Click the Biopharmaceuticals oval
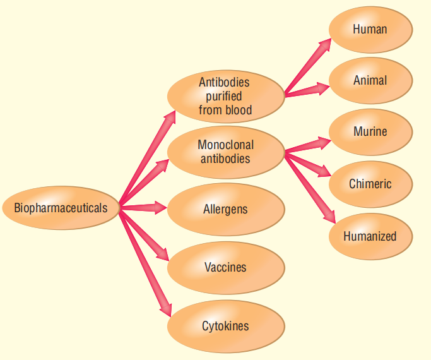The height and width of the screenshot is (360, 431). pos(61,208)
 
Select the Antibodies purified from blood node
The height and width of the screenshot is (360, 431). pos(225,96)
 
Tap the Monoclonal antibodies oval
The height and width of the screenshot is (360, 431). pos(225,152)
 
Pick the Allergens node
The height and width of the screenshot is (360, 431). pos(225,209)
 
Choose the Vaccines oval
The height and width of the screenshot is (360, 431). pos(225,268)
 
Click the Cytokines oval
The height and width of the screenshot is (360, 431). pos(225,327)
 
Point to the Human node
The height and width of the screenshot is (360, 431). pos(370,30)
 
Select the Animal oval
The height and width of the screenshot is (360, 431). pos(370,81)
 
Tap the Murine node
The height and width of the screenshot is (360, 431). pos(370,132)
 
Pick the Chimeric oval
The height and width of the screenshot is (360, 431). pos(370,184)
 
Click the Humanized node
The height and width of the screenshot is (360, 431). pos(370,237)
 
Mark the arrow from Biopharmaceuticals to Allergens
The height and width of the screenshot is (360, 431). pos(144,207)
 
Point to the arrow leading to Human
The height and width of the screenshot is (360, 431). pos(308,67)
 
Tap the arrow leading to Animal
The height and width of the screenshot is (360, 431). pos(307,90)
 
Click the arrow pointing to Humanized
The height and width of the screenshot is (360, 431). pos(310,186)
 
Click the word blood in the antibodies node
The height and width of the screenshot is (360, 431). pos(239,110)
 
